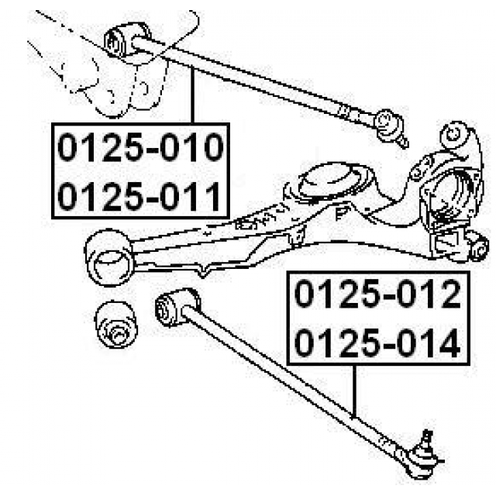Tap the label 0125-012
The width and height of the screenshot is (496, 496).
(x=377, y=294)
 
